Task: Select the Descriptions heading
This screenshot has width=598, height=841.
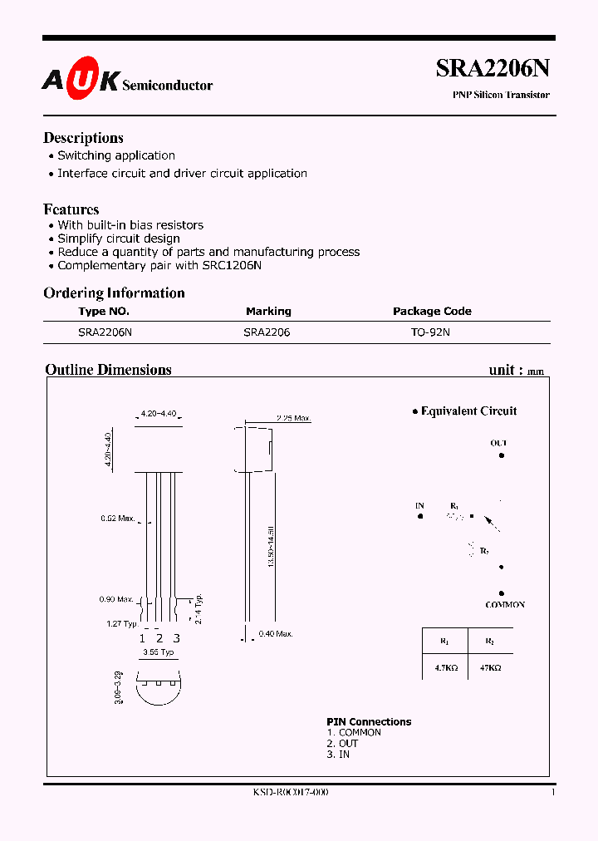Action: pyautogui.click(x=83, y=138)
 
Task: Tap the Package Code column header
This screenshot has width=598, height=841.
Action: pyautogui.click(x=432, y=312)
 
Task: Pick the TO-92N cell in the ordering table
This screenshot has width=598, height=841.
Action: pyautogui.click(x=430, y=332)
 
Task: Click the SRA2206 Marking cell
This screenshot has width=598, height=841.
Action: pyautogui.click(x=267, y=332)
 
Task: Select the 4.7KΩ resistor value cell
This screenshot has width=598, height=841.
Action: pyautogui.click(x=444, y=667)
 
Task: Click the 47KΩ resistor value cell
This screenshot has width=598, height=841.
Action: pyautogui.click(x=490, y=667)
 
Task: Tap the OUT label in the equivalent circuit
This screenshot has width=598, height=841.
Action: pyautogui.click(x=498, y=444)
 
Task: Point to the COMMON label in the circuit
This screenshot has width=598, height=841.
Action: pyautogui.click(x=505, y=605)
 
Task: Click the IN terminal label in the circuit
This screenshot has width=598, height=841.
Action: pyautogui.click(x=420, y=505)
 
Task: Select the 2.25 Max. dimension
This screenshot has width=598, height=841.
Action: pyautogui.click(x=293, y=418)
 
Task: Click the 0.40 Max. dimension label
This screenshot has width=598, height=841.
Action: pyautogui.click(x=276, y=635)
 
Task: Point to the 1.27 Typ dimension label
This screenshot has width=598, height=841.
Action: pyautogui.click(x=121, y=623)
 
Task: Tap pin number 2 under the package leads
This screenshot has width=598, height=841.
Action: pyautogui.click(x=159, y=638)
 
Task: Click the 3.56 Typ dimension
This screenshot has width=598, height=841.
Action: pyautogui.click(x=158, y=653)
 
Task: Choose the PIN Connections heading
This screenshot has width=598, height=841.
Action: pyautogui.click(x=369, y=722)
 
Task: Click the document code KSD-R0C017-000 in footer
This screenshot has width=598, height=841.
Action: pyautogui.click(x=291, y=793)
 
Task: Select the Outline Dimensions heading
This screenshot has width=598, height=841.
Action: pyautogui.click(x=108, y=370)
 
